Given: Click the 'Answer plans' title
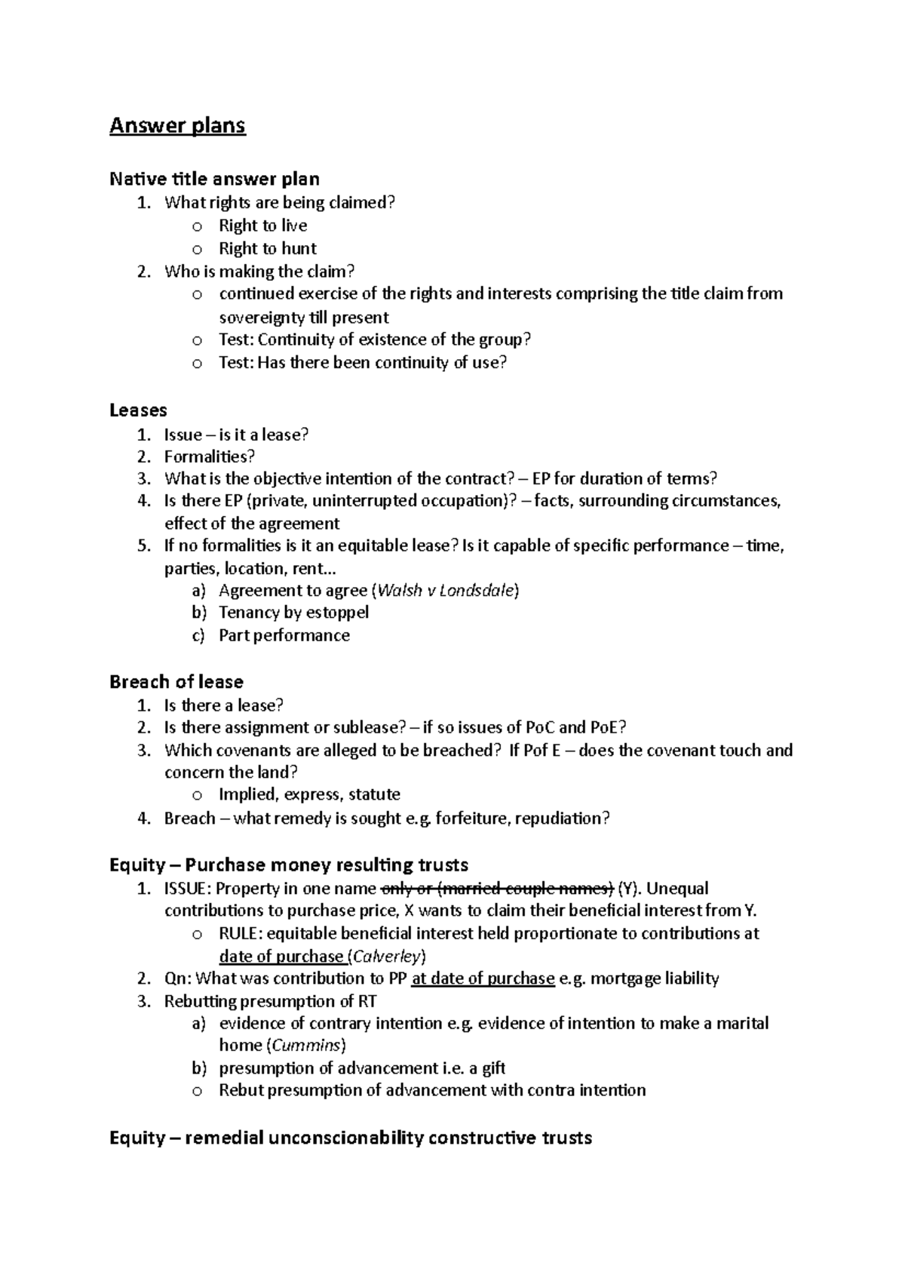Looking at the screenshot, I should tap(177, 125).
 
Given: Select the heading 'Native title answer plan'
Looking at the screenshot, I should tap(214, 179).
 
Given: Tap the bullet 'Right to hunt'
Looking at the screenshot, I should tap(267, 248).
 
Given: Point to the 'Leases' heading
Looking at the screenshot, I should tap(138, 410).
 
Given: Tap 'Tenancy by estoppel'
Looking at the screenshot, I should tap(293, 612).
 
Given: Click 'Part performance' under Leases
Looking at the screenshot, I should tap(284, 635).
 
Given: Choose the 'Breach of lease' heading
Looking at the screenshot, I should tap(176, 682).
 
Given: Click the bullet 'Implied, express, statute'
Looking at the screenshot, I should tap(308, 794).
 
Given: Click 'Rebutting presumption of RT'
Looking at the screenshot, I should tap(270, 1001).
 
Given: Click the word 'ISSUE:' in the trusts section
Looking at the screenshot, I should tap(188, 888).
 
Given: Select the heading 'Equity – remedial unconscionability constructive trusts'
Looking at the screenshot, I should tap(350, 1138).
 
